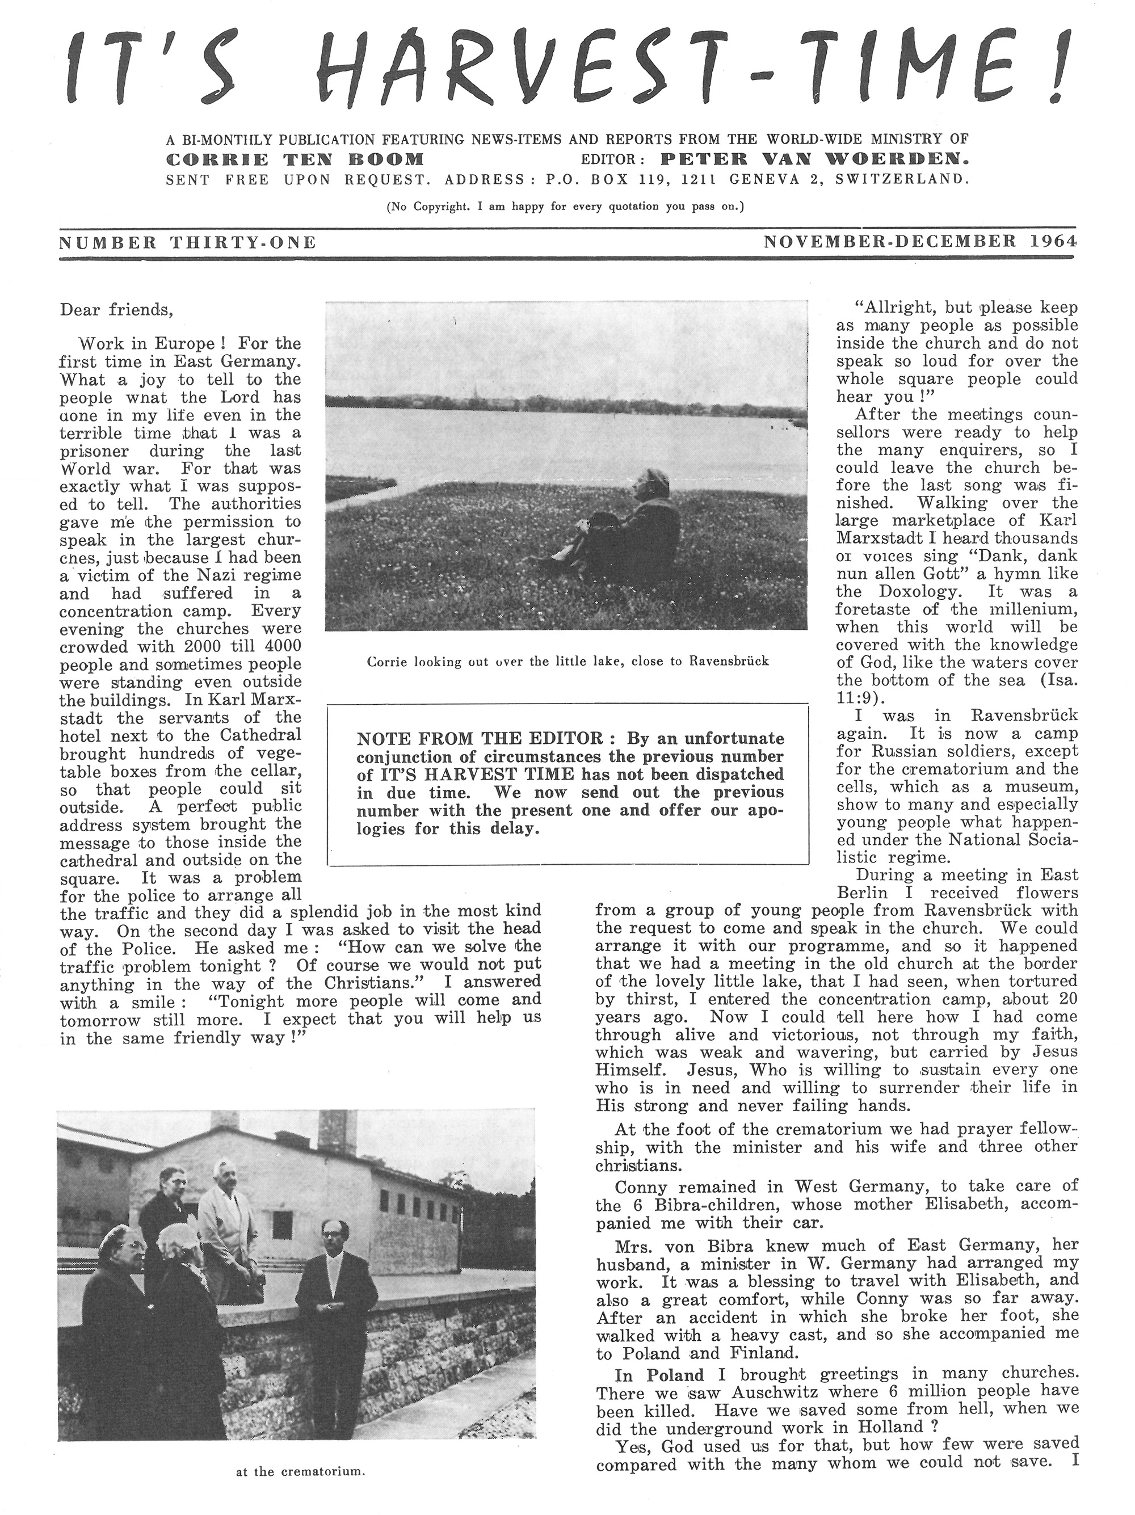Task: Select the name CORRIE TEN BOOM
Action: [x=295, y=160]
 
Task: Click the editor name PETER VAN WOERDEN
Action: [x=814, y=160]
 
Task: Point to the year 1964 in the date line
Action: [x=1052, y=241]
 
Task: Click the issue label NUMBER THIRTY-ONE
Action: [x=188, y=242]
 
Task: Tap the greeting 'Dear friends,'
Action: [x=116, y=310]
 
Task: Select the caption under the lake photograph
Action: [x=568, y=662]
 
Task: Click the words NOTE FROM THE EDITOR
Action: [x=480, y=739]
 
